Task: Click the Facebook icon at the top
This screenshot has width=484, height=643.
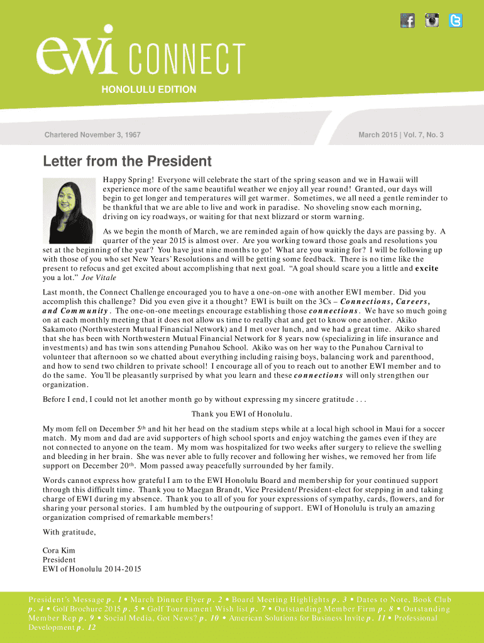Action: [x=408, y=21]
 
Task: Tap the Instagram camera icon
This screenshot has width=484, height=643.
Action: [x=432, y=21]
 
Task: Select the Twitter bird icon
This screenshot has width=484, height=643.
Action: [x=455, y=21]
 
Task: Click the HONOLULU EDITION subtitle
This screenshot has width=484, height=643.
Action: [x=149, y=90]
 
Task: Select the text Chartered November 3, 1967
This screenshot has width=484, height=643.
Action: [x=92, y=135]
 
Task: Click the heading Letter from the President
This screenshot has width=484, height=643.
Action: [x=127, y=161]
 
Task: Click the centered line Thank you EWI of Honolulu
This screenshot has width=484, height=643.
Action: [x=242, y=413]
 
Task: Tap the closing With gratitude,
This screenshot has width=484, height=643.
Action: [x=69, y=532]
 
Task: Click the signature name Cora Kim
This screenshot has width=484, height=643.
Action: [x=58, y=551]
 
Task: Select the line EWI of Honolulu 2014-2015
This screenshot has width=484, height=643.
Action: [x=92, y=569]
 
